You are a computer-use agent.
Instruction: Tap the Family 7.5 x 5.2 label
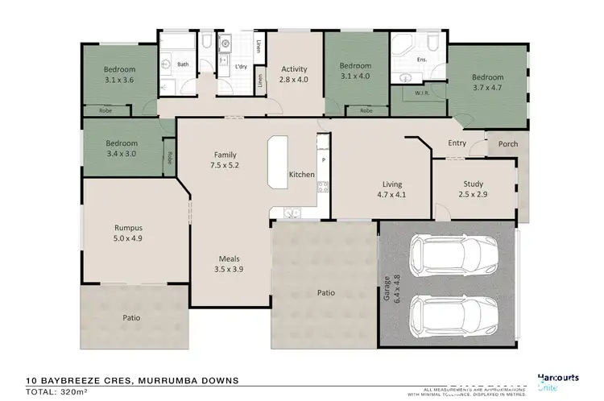click(225, 159)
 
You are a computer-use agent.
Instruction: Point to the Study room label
click(473, 188)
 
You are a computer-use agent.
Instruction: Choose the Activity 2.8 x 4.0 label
click(294, 74)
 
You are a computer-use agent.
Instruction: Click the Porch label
click(508, 144)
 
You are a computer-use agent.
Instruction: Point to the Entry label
click(457, 144)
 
